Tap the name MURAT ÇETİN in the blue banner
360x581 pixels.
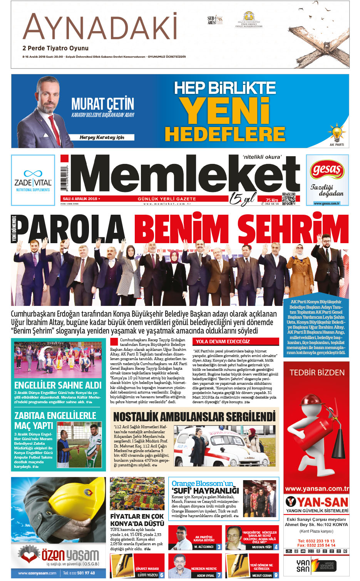coord(102,104)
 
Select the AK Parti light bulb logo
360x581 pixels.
coord(337,133)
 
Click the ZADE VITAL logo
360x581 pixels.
coord(33,180)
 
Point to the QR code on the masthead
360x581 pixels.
coord(289,199)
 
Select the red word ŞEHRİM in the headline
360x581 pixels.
coord(293,230)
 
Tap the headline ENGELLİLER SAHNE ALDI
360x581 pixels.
coord(58,385)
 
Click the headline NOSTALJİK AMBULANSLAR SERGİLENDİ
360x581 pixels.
coord(194,417)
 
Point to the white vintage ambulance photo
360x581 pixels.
coord(225,446)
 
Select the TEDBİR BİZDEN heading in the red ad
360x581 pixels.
coord(317,372)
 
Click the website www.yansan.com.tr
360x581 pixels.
coord(317,489)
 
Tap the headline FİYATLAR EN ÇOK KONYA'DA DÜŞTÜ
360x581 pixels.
coord(137,520)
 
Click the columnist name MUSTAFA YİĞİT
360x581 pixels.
coord(262,547)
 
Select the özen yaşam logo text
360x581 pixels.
coord(70,555)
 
